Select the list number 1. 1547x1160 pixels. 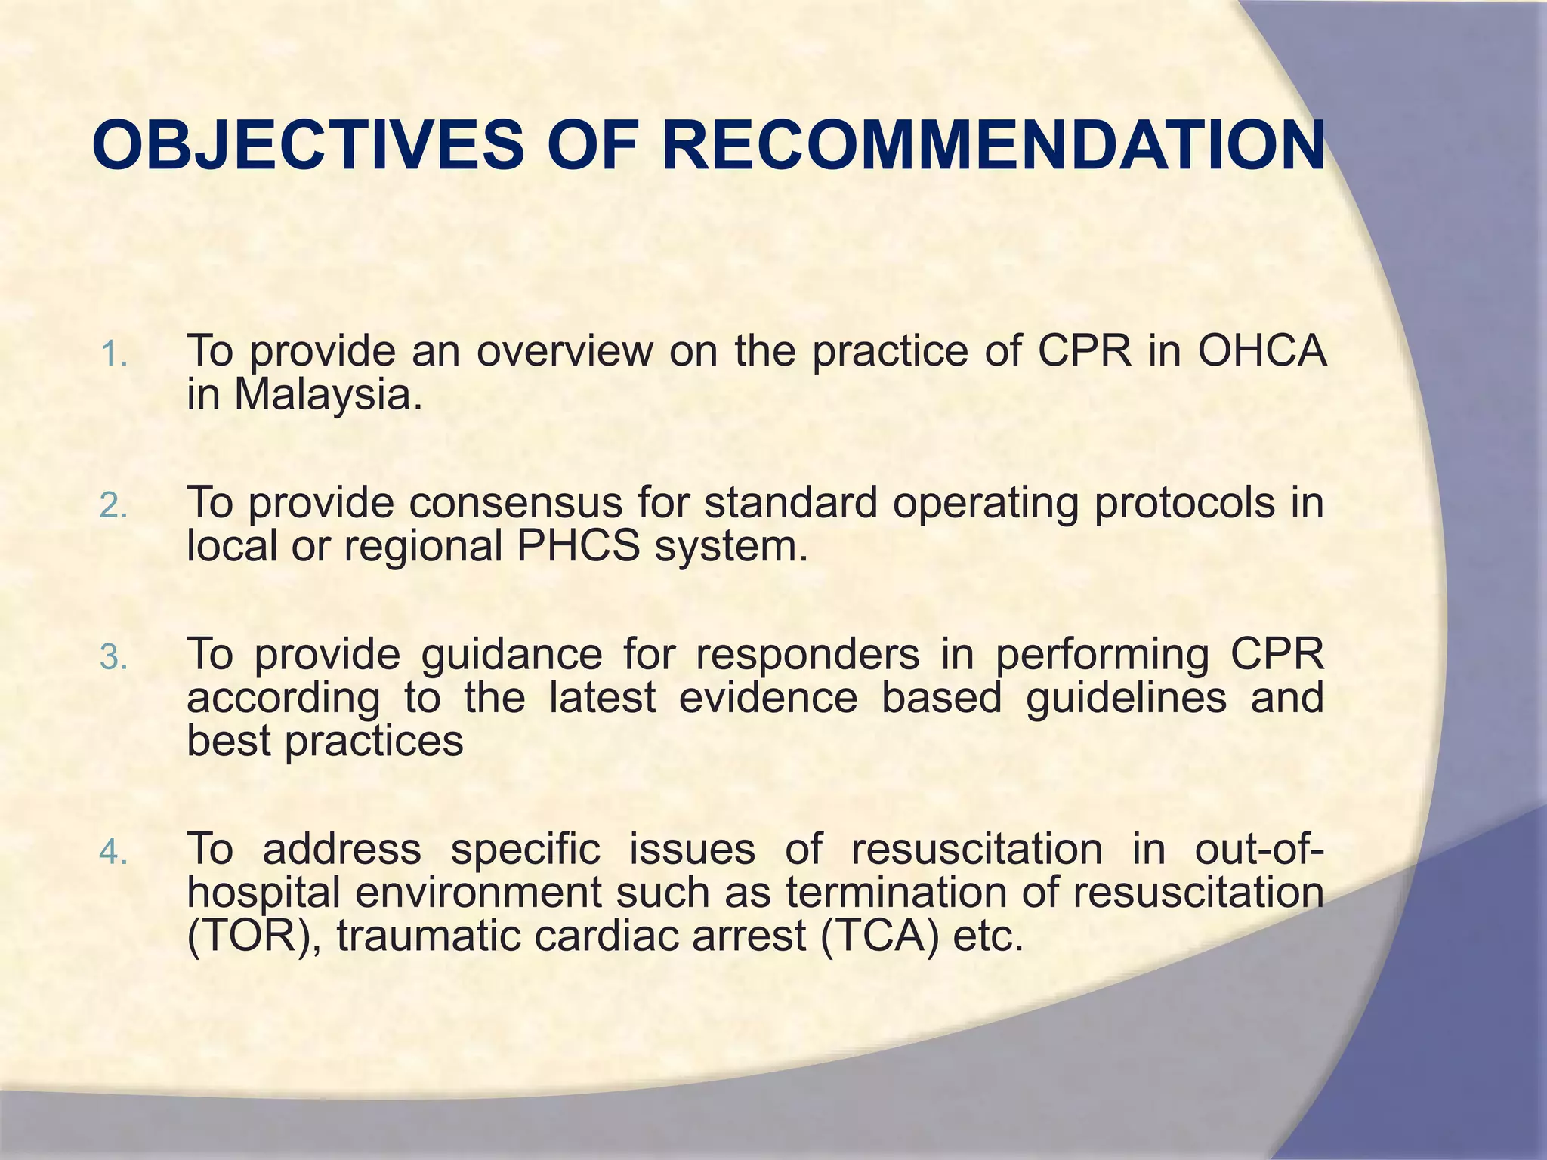pyautogui.click(x=113, y=355)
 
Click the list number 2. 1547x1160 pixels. pyautogui.click(x=113, y=506)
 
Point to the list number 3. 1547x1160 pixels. pyautogui.click(x=113, y=657)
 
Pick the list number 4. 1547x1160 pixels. pyautogui.click(x=113, y=852)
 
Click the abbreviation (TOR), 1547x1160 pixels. pyautogui.click(x=254, y=936)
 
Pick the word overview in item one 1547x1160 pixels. pyautogui.click(x=564, y=350)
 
